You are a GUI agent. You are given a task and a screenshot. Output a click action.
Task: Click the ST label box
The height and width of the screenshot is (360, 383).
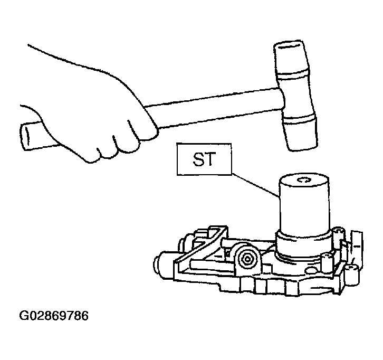tap(204, 159)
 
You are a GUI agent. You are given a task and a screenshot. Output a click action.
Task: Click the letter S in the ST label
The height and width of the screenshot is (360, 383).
tap(198, 159)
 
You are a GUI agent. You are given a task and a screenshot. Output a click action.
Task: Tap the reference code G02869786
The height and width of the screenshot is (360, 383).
tap(54, 316)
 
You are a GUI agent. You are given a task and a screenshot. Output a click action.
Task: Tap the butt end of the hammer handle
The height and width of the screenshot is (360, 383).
tap(26, 137)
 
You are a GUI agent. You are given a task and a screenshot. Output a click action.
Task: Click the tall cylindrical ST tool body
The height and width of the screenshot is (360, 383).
tap(304, 205)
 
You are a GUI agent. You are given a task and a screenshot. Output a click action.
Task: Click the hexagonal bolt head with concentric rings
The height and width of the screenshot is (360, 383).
tap(247, 259)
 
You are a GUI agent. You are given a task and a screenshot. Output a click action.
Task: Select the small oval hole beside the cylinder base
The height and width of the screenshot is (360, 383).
tap(311, 271)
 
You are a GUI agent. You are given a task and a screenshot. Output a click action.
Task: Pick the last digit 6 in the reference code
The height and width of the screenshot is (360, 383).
tap(84, 316)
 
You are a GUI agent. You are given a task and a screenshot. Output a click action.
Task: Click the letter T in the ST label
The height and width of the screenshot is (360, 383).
tap(210, 159)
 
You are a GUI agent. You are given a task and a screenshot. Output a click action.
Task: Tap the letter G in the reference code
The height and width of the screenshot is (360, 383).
tap(23, 316)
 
